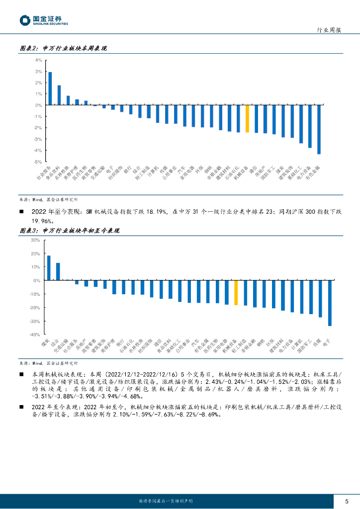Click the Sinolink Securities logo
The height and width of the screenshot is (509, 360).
tap(43, 20)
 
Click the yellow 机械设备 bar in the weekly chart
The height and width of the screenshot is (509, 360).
tap(247, 119)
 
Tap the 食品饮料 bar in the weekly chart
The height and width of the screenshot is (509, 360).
tap(59, 95)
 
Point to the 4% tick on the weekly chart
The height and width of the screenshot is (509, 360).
tap(39, 60)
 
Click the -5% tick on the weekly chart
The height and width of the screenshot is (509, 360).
tap(38, 162)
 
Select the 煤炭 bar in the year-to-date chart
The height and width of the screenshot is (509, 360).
tap(49, 268)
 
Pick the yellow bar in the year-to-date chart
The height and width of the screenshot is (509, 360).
tap(236, 293)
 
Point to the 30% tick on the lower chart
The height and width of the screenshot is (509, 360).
tap(35, 240)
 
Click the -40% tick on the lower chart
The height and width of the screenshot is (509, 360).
tap(35, 335)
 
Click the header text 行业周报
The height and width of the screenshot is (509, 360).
tap(329, 30)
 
